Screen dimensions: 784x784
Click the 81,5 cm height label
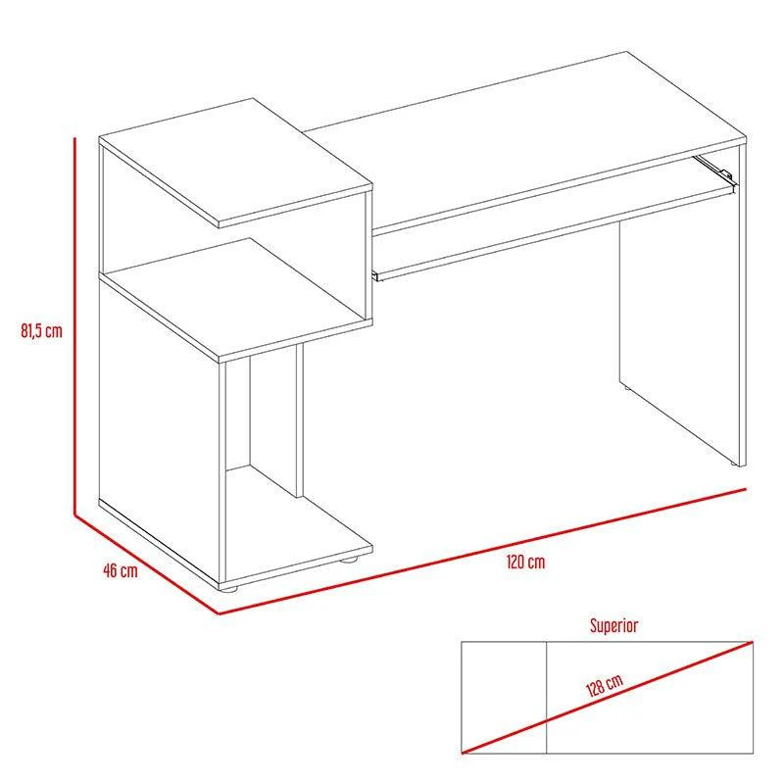[x=41, y=330]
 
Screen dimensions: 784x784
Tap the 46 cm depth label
[x=120, y=570]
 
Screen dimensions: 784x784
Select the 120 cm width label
[x=525, y=562]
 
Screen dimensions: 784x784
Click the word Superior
[x=613, y=625]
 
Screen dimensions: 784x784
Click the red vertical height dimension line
[x=75, y=326]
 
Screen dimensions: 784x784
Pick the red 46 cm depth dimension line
[x=146, y=564]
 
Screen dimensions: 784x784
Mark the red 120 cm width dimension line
[x=482, y=551]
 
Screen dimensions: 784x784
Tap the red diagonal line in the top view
[x=607, y=697]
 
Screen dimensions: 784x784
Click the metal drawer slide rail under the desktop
[x=714, y=168]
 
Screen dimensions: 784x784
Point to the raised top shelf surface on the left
[x=235, y=162]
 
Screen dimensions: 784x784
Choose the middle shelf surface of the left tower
[x=235, y=298]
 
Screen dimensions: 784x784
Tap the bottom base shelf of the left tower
[x=298, y=525]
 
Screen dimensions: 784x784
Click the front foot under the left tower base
[x=228, y=588]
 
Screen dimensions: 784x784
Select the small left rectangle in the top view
[x=504, y=697]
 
